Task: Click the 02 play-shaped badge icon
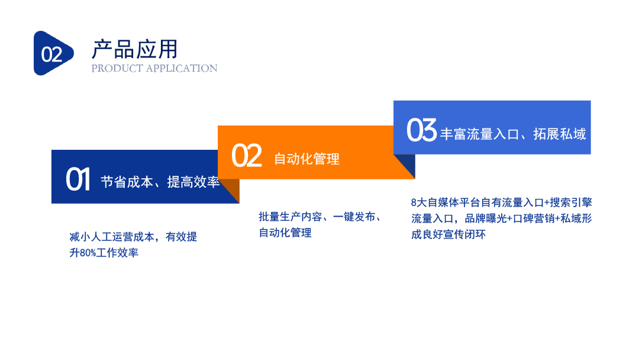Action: coord(53,53)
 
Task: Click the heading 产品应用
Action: coord(135,49)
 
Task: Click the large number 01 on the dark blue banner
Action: coord(78,179)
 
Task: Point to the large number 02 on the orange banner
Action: coord(247,155)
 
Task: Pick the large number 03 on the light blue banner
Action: coord(421,130)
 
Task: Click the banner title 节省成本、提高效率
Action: coord(160,182)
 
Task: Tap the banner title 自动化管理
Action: coord(306,159)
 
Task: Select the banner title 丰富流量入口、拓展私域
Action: coord(513,134)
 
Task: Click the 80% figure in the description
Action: coord(88,253)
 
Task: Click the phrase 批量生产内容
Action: coord(290,217)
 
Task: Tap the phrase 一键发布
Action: coord(354,217)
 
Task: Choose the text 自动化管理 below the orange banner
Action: coord(285,233)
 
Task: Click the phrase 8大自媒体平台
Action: coord(446,202)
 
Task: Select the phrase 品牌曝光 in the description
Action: coord(486,218)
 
